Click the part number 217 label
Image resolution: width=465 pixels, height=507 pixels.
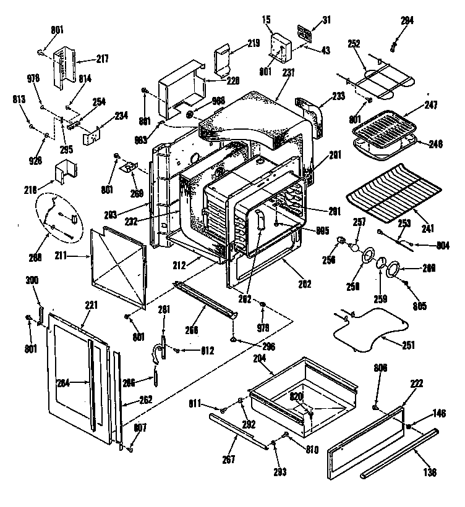pyautogui.click(x=101, y=59)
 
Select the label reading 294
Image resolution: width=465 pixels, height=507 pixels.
pyautogui.click(x=406, y=21)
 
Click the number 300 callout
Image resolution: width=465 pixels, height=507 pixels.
pyautogui.click(x=32, y=280)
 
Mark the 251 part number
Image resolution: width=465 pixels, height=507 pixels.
pyautogui.click(x=409, y=345)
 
